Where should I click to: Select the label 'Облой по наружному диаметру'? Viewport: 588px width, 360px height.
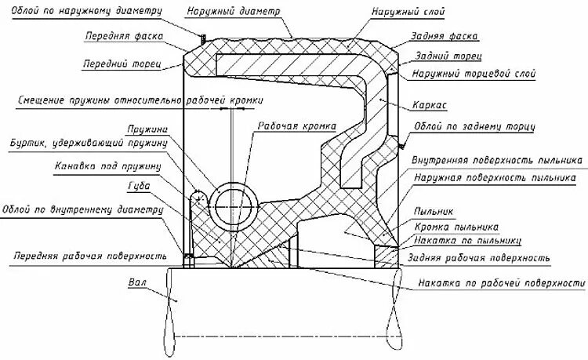click(x=85, y=12)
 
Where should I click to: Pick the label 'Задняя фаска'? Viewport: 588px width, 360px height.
click(x=443, y=37)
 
